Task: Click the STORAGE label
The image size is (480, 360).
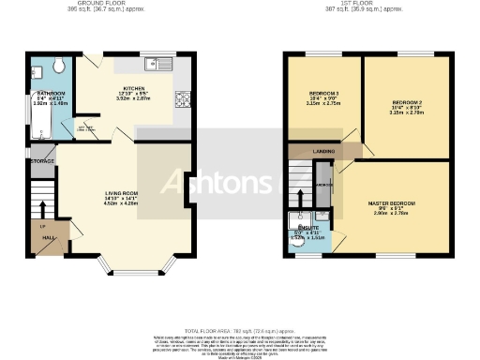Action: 43,161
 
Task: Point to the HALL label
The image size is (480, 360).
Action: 46,238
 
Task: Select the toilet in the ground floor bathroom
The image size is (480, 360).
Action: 58,65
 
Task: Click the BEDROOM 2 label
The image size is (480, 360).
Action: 409,101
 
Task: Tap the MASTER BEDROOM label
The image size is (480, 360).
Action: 393,203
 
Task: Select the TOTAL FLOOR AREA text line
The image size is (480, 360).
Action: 240,304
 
